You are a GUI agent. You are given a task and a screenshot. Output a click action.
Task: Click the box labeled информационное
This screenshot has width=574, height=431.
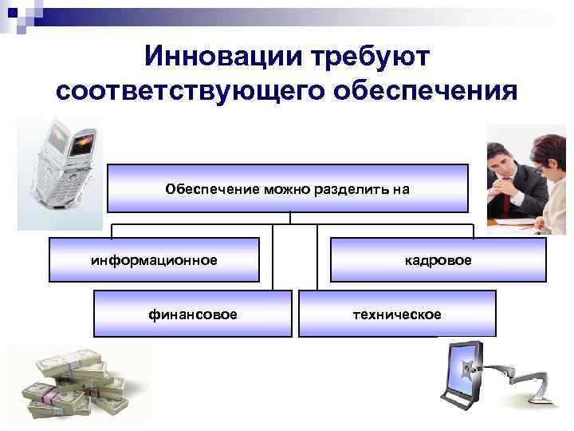(154, 260)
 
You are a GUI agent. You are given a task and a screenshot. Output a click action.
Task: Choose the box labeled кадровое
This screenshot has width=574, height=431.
(438, 260)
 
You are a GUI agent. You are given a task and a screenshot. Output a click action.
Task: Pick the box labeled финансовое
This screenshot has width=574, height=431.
(192, 314)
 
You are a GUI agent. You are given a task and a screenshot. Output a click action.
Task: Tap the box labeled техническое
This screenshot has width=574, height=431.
(397, 314)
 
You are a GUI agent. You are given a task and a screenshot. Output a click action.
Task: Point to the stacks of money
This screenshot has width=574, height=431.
(76, 386)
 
